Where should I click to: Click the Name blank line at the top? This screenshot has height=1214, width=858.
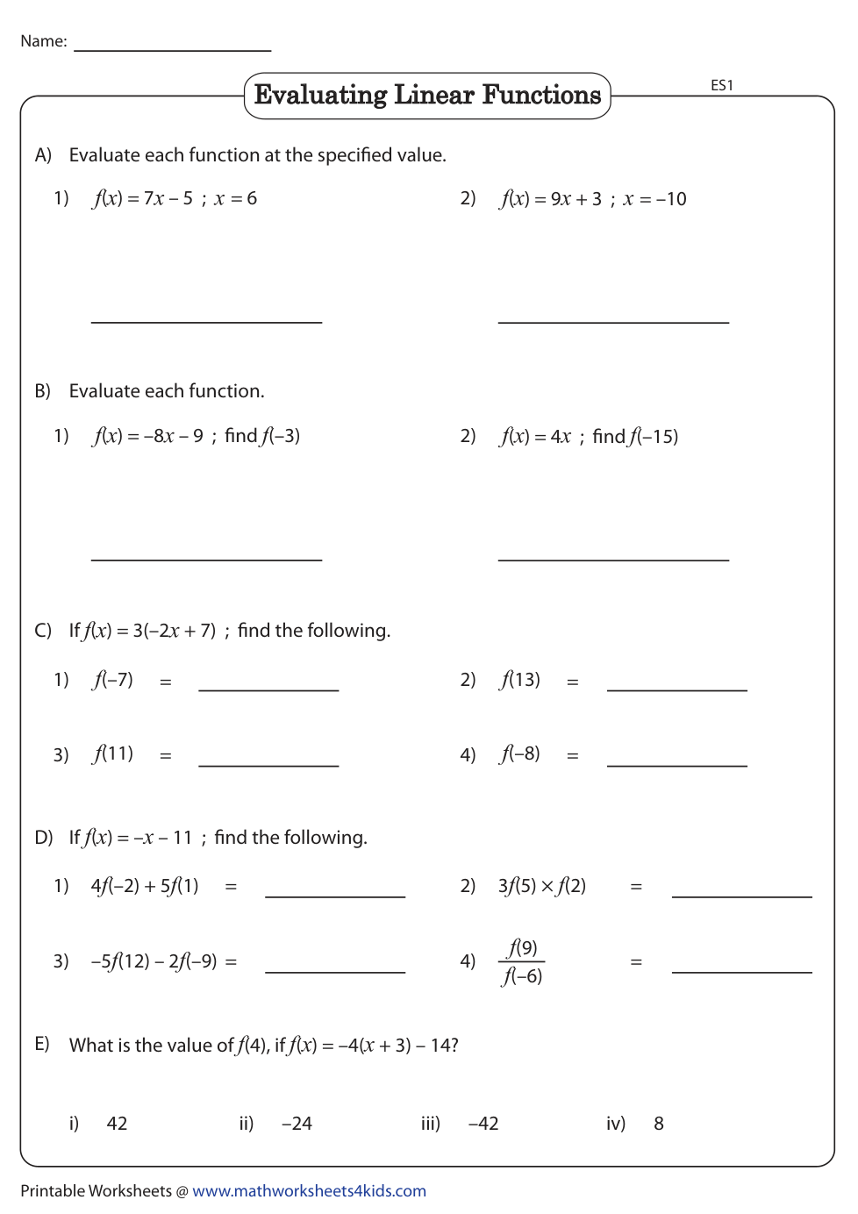(x=172, y=49)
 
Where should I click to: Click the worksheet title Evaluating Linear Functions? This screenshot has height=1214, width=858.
(x=427, y=95)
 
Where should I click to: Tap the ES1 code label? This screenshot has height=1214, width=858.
(x=721, y=85)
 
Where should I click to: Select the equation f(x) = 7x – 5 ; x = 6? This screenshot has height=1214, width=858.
(x=175, y=198)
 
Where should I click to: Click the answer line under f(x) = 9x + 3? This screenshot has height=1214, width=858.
(x=613, y=321)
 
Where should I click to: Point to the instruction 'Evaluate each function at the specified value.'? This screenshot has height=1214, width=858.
(x=257, y=155)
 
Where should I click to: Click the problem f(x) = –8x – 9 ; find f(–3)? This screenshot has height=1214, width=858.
(x=196, y=436)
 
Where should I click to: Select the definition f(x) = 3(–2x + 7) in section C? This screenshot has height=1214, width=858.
(x=150, y=631)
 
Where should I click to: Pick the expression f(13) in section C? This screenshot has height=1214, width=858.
(x=520, y=680)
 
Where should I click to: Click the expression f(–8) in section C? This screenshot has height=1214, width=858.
(x=520, y=754)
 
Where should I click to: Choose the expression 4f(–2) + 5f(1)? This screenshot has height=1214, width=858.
(x=145, y=886)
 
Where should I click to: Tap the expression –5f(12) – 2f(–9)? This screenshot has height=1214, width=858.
(x=154, y=961)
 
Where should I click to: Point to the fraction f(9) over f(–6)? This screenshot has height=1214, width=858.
(x=522, y=961)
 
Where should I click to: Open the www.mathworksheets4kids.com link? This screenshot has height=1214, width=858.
(x=309, y=1190)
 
